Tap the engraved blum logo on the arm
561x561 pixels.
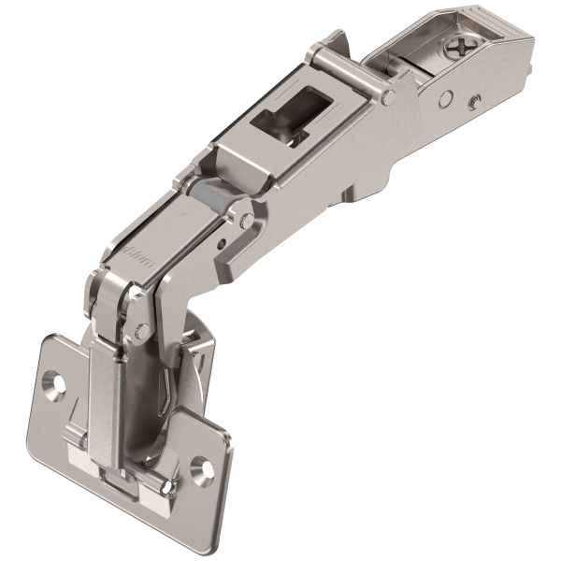tap(137, 253)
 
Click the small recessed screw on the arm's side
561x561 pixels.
tap(476, 101)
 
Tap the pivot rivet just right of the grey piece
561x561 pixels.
tap(246, 221)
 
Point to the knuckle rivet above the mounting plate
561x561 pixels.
tap(142, 329)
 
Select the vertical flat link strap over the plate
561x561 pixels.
tap(104, 393)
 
